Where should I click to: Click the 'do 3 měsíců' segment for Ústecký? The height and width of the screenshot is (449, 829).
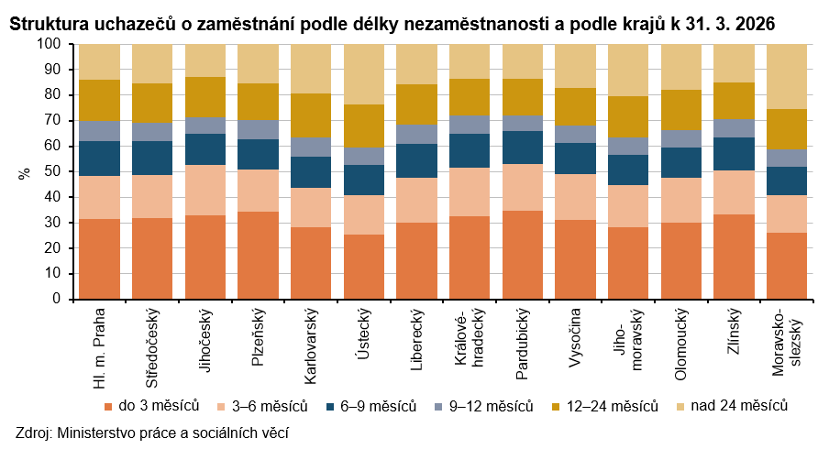point(365,267)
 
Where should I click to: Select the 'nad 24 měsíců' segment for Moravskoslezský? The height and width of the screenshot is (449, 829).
point(788,77)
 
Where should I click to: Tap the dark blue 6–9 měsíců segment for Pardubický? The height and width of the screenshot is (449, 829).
point(524,148)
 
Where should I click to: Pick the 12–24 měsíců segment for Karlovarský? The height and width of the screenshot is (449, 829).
point(312,115)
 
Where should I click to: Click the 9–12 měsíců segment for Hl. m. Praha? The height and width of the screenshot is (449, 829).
point(100,131)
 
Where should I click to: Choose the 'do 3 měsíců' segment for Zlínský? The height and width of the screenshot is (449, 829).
point(735,257)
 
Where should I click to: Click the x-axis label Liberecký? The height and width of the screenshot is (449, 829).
point(417,340)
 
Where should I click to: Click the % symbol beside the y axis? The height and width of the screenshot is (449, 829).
point(25,171)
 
